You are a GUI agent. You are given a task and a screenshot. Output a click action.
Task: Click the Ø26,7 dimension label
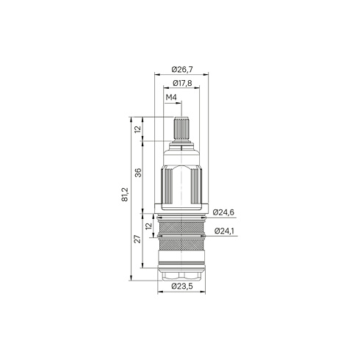pyautogui.click(x=182, y=70)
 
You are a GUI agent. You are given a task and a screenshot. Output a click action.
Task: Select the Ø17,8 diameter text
pyautogui.click(x=182, y=83)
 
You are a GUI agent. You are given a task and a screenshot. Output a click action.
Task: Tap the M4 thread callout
pyautogui.click(x=171, y=98)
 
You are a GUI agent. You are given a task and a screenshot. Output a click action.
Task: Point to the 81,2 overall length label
pyautogui.click(x=125, y=195)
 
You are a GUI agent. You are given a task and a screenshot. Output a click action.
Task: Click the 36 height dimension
pyautogui.click(x=138, y=173)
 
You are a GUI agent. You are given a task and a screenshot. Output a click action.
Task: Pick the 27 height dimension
pyautogui.click(x=138, y=239)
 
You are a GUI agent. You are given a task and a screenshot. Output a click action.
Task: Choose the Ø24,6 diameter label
pyautogui.click(x=223, y=212)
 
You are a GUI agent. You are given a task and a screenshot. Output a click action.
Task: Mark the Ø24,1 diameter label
pyautogui.click(x=225, y=231)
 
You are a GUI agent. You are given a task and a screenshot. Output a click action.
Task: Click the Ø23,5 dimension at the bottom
pyautogui.click(x=182, y=286)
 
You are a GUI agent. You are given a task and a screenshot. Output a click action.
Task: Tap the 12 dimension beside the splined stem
pyautogui.click(x=138, y=129)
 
